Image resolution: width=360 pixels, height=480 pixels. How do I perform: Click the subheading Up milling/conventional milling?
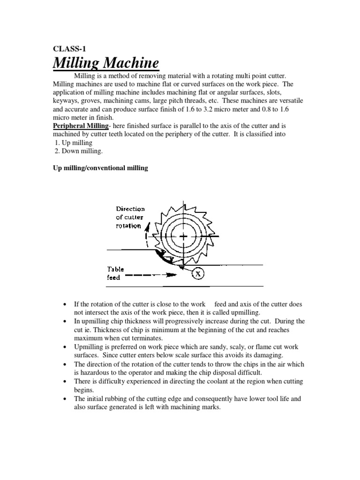100,167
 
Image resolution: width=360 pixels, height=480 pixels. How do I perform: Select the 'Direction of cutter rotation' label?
130,217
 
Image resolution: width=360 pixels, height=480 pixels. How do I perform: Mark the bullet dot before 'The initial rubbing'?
64,399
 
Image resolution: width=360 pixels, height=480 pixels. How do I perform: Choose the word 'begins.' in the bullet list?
83,390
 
